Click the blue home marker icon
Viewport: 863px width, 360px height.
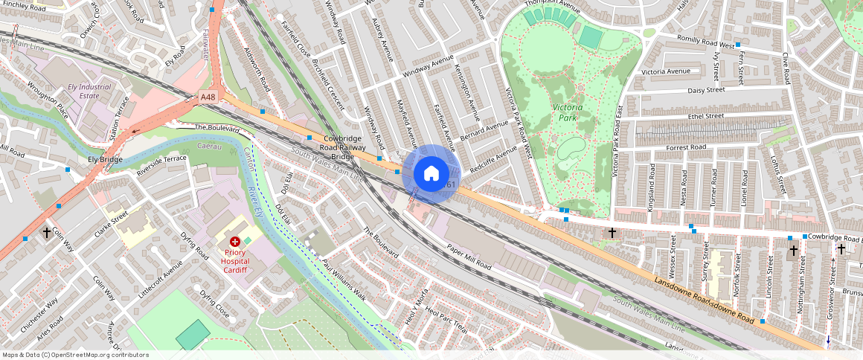tap(431, 174)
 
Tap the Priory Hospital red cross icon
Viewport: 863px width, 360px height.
tap(235, 242)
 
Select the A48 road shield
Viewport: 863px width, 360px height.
tap(208, 97)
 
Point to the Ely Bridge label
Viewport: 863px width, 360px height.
tap(105, 160)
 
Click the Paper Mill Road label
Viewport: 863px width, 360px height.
tap(469, 255)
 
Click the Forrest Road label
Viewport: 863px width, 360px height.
tap(686, 148)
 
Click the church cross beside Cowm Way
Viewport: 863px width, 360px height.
tap(47, 233)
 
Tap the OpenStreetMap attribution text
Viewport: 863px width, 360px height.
tap(75, 355)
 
